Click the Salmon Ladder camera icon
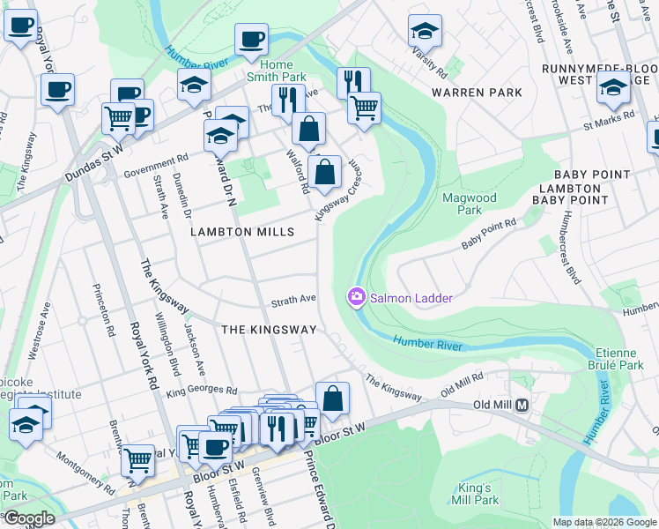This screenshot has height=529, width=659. (x=357, y=298)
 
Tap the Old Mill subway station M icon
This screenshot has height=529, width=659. (x=522, y=405)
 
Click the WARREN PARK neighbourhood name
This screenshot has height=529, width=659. (x=477, y=93)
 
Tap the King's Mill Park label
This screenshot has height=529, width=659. (x=478, y=494)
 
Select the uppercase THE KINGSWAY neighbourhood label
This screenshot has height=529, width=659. (x=269, y=329)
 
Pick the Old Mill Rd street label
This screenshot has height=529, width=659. (x=463, y=383)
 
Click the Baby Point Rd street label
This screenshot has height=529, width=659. (x=488, y=235)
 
